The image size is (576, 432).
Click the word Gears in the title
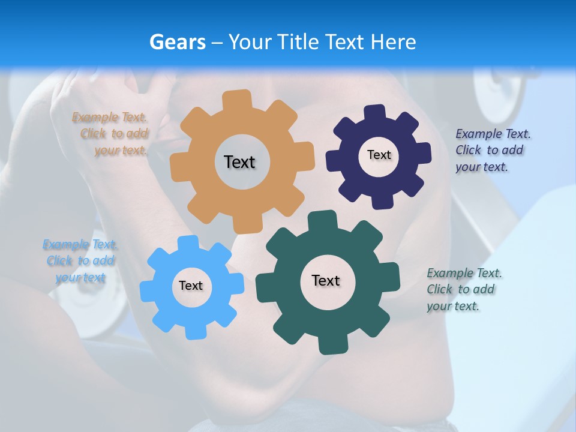click(177, 42)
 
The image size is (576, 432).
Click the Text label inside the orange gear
click(239, 162)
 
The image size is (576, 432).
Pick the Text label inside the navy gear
click(379, 155)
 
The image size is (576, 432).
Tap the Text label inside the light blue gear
click(191, 286)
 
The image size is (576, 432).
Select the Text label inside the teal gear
click(326, 280)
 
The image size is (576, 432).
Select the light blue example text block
click(80, 260)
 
